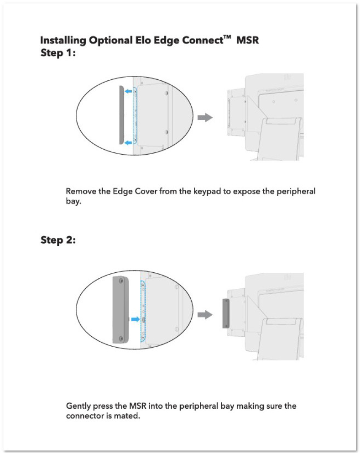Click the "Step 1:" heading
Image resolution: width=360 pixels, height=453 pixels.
58,53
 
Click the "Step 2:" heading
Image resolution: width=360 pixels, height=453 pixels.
58,240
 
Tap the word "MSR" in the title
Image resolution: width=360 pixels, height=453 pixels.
247,40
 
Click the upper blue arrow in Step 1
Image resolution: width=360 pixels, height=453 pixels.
128,91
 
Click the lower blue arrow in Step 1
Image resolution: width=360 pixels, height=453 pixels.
128,143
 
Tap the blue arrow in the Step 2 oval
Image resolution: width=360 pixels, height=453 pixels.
135,319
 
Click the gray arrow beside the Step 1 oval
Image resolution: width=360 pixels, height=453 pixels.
205,117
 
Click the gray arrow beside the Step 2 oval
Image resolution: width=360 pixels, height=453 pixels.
205,315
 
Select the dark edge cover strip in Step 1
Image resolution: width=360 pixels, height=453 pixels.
122,115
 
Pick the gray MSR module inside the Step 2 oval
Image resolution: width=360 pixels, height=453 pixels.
120,309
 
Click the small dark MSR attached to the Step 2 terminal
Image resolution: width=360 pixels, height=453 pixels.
226,313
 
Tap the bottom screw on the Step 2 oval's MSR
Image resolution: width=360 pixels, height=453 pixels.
121,338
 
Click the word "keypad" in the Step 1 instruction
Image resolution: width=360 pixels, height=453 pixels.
207,192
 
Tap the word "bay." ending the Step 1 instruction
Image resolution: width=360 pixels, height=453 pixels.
73,201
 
